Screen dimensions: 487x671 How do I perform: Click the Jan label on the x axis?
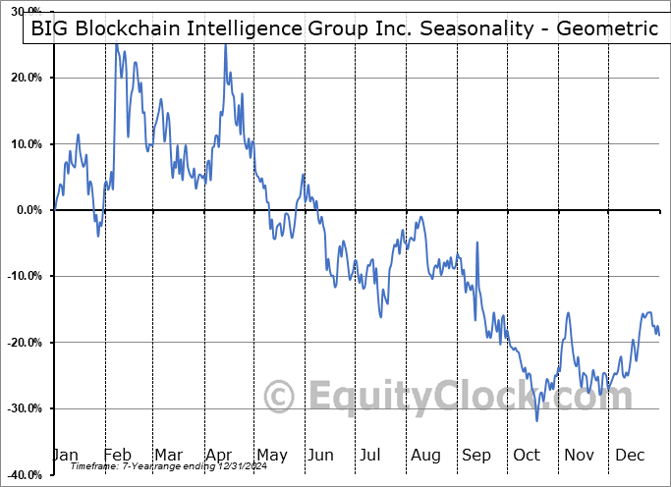pos(66,456)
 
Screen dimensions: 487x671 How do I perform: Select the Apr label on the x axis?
pos(218,456)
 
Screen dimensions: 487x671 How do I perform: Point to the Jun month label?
pos(321,456)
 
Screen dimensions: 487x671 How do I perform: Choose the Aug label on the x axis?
pos(425,456)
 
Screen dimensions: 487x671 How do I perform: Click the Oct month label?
pos(527,456)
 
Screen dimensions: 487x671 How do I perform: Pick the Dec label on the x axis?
pos(630,456)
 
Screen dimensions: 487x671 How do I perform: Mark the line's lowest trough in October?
pos(536,420)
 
